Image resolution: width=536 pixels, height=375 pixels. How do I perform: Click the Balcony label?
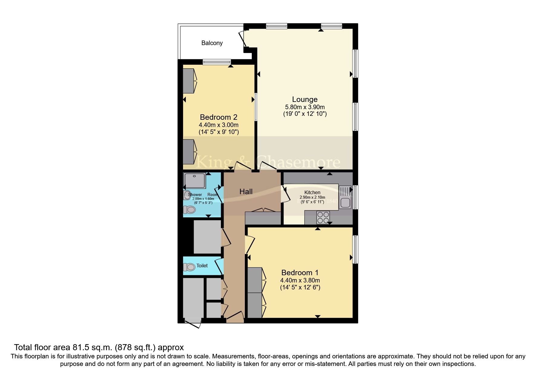tap(212, 43)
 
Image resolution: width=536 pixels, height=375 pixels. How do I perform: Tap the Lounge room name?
tap(304, 99)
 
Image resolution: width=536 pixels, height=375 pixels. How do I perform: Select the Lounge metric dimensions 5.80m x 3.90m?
tap(304, 107)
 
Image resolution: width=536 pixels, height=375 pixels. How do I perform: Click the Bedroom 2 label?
tap(218, 117)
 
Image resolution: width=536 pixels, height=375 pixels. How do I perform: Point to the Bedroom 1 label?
tap(300, 272)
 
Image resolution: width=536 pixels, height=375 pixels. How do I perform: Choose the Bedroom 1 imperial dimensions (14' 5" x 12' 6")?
tap(300, 287)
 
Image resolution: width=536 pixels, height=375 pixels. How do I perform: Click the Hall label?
tap(246, 191)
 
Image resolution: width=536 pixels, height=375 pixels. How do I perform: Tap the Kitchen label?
tap(312, 192)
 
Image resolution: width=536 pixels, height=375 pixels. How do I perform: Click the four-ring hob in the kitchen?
tap(323, 217)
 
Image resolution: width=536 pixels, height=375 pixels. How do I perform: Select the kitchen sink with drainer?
tap(345, 197)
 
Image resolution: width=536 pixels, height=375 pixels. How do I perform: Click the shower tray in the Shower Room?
tap(195, 181)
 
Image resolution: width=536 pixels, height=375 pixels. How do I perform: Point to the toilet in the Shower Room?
tap(189, 209)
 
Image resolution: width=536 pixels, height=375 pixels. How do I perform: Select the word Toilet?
tap(202, 266)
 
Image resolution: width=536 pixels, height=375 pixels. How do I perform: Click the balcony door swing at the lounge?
tap(243, 38)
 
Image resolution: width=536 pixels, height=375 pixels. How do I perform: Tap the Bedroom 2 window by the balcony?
tap(217, 62)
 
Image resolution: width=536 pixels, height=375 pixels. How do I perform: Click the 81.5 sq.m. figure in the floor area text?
tap(93, 347)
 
